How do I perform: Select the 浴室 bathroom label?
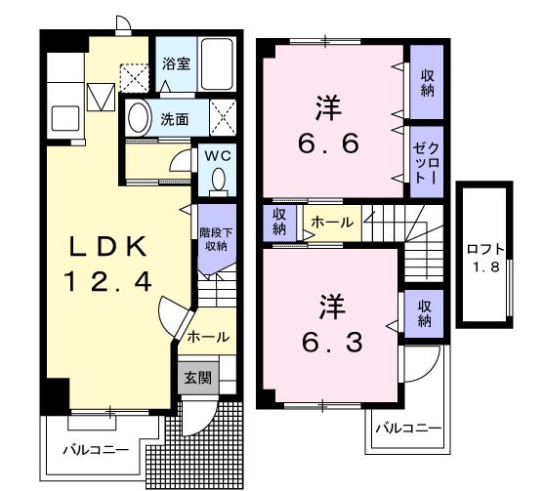(176, 62)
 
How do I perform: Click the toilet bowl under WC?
(217, 178)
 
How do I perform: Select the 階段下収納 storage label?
(215, 238)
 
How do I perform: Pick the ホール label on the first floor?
(207, 337)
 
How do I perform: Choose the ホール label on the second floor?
(332, 223)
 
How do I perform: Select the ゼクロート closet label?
(426, 161)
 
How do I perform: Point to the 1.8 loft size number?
(482, 267)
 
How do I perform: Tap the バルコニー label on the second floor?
(408, 428)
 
